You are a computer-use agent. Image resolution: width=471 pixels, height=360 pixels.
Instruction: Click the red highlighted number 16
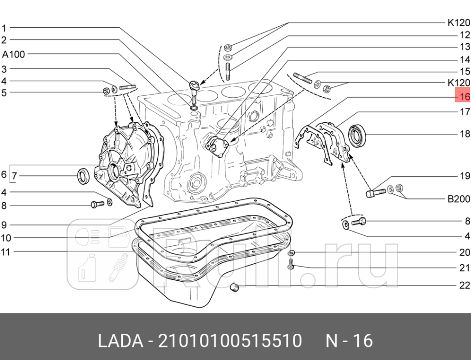[x=463, y=96]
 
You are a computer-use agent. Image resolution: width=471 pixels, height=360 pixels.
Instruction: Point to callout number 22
[x=464, y=285]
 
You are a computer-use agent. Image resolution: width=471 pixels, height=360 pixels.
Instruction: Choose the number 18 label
[x=465, y=134]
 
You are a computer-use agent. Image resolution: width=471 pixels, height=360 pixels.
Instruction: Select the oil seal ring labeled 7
[x=84, y=175]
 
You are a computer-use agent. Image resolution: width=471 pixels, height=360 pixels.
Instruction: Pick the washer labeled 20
[x=291, y=253]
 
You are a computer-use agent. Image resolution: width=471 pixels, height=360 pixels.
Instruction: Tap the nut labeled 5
[x=106, y=91]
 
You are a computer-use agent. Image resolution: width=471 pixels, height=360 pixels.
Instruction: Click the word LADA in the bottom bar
[x=121, y=341]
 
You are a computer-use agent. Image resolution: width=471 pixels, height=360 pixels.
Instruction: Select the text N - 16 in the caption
[x=349, y=341]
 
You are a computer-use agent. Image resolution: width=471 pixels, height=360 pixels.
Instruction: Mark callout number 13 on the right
[x=465, y=47]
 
